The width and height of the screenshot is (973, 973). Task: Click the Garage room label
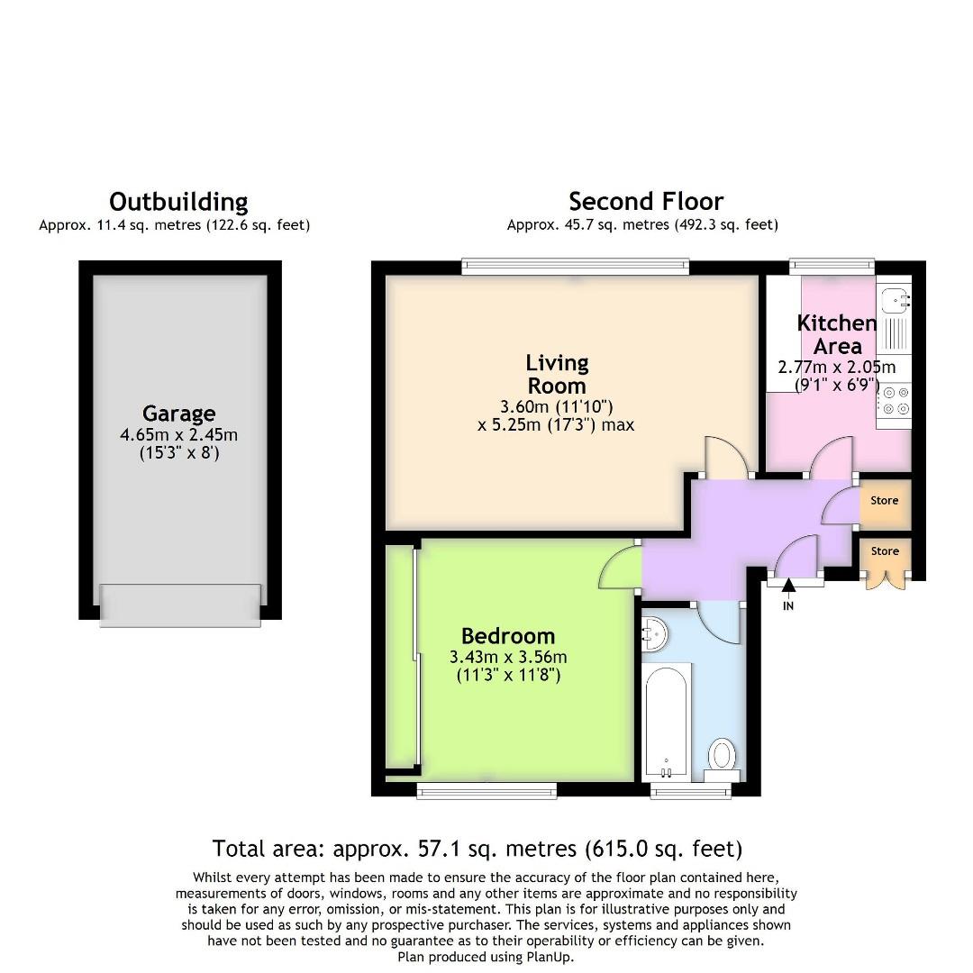pyautogui.click(x=178, y=414)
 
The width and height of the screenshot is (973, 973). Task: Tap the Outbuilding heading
pyautogui.click(x=178, y=201)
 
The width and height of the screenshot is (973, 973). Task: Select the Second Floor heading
pyautogui.click(x=646, y=201)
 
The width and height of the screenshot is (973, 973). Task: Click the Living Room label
pyautogui.click(x=557, y=374)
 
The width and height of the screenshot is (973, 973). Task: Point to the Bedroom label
pyautogui.click(x=508, y=636)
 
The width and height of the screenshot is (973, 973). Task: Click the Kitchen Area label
pyautogui.click(x=836, y=334)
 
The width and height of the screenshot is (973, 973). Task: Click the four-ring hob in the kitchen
pyautogui.click(x=894, y=400)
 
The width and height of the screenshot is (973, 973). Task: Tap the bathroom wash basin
pyautogui.click(x=655, y=635)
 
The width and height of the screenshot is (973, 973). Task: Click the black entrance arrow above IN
pyautogui.click(x=788, y=587)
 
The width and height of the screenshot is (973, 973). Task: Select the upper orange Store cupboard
pyautogui.click(x=885, y=501)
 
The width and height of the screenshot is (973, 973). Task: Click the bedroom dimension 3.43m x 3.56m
pyautogui.click(x=508, y=657)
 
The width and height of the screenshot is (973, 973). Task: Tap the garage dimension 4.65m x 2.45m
pyautogui.click(x=178, y=435)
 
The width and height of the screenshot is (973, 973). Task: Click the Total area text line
pyautogui.click(x=477, y=848)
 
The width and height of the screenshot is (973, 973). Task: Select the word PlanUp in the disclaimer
pyautogui.click(x=549, y=957)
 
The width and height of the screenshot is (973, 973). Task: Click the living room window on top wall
pyautogui.click(x=576, y=266)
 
